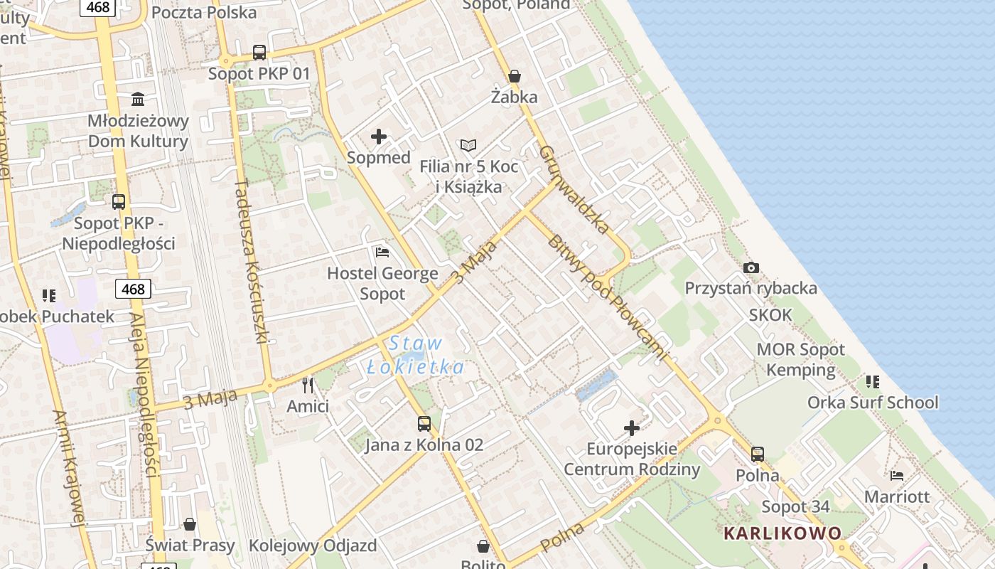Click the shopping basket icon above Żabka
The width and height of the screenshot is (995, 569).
pyautogui.click(x=515, y=76)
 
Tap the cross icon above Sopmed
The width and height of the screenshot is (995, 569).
pyautogui.click(x=379, y=137)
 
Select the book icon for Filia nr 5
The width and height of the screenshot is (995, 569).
pyautogui.click(x=468, y=145)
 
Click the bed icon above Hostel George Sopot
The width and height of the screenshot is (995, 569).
pyautogui.click(x=382, y=252)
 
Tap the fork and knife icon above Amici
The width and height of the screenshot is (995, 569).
pyautogui.click(x=308, y=385)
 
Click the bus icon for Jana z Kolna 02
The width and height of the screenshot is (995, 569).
pyautogui.click(x=424, y=424)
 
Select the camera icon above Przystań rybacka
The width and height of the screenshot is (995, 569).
pyautogui.click(x=751, y=268)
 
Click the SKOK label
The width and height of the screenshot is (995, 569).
pyautogui.click(x=770, y=315)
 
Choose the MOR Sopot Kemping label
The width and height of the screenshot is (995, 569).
pyautogui.click(x=801, y=359)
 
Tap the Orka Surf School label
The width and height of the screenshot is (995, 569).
pyautogui.click(x=873, y=403)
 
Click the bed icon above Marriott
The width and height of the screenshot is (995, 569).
pyautogui.click(x=897, y=475)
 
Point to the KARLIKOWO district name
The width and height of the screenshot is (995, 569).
pyautogui.click(x=782, y=533)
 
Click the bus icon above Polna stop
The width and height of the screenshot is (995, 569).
pyautogui.click(x=758, y=454)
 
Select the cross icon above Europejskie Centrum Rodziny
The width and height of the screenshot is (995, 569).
pyautogui.click(x=632, y=428)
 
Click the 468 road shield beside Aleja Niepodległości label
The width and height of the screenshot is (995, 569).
pyautogui.click(x=133, y=289)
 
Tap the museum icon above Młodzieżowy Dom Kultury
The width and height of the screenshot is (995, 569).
pyautogui.click(x=138, y=99)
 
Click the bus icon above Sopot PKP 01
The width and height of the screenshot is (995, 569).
pyautogui.click(x=259, y=52)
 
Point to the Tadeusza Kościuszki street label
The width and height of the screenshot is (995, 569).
pyautogui.click(x=251, y=261)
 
